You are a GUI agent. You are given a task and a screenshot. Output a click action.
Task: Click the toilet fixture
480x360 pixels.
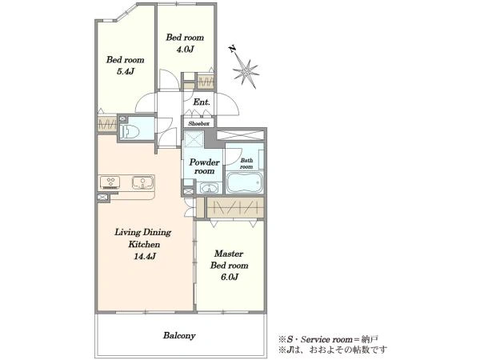[130, 132]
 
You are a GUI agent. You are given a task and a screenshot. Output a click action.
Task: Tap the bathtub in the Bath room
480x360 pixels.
[245, 182]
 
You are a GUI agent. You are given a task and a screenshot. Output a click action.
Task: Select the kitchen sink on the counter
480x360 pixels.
[142, 182]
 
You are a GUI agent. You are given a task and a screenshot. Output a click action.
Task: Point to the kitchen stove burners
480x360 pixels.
[110, 182]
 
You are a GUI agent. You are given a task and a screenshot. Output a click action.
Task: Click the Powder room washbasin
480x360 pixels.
[209, 188]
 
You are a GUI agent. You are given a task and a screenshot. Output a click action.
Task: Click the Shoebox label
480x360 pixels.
[199, 124]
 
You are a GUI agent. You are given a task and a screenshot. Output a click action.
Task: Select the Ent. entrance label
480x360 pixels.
[202, 102]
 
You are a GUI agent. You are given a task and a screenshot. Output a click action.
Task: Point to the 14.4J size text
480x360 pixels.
[145, 256]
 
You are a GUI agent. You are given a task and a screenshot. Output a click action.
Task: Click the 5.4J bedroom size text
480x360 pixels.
[126, 72]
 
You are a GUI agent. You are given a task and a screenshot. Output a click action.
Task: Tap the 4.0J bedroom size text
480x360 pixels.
[185, 50]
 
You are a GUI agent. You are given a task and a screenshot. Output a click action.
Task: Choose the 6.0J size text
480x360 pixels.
[230, 277]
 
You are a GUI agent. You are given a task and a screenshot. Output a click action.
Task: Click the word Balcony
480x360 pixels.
[179, 336]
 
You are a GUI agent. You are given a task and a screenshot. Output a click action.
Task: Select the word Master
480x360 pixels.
[229, 254]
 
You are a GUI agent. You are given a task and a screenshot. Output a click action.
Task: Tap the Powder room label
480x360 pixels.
[204, 166]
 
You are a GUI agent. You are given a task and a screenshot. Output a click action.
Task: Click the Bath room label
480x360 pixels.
[246, 163]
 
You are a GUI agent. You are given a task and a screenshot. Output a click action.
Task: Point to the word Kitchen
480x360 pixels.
[144, 244]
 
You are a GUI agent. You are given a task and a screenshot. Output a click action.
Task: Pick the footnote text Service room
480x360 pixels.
[326, 339]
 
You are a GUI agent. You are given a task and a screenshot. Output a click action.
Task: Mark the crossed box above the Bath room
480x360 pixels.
[240, 135]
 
